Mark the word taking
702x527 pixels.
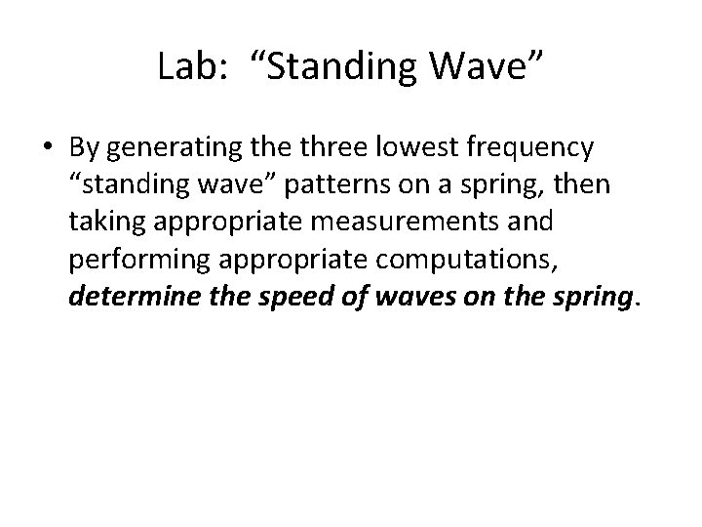[x=107, y=222]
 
